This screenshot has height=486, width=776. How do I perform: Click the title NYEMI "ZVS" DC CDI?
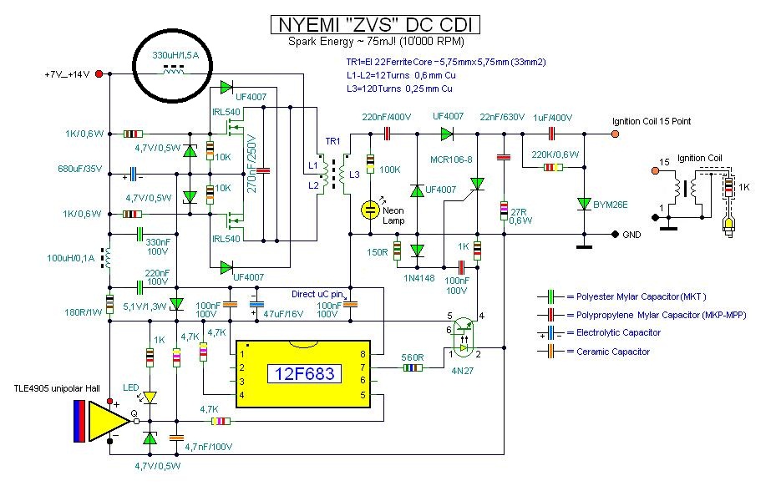click(x=376, y=24)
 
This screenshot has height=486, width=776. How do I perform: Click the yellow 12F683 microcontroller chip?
click(x=303, y=374)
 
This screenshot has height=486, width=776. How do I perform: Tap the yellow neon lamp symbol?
click(x=370, y=210)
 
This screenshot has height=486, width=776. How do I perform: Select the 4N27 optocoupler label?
click(x=462, y=370)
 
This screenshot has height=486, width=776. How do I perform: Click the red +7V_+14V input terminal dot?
click(x=99, y=74)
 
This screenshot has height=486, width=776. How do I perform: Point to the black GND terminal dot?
click(x=615, y=234)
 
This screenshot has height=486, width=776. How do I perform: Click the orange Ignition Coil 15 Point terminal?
click(x=615, y=134)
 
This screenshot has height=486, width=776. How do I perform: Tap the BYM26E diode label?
click(x=611, y=205)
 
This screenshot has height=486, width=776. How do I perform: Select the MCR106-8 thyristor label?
click(x=451, y=159)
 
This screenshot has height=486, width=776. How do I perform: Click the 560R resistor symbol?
click(x=413, y=367)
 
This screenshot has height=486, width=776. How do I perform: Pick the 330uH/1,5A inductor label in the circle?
click(x=175, y=55)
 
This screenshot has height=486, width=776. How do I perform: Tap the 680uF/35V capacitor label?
click(x=80, y=169)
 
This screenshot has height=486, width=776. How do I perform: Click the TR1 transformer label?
click(x=332, y=141)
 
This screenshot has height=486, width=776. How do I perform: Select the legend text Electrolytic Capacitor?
click(x=618, y=332)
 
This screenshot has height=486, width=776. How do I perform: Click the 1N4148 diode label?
click(x=418, y=278)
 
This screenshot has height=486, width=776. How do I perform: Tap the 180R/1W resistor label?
click(x=84, y=312)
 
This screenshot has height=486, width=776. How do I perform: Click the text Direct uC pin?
click(x=317, y=294)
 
